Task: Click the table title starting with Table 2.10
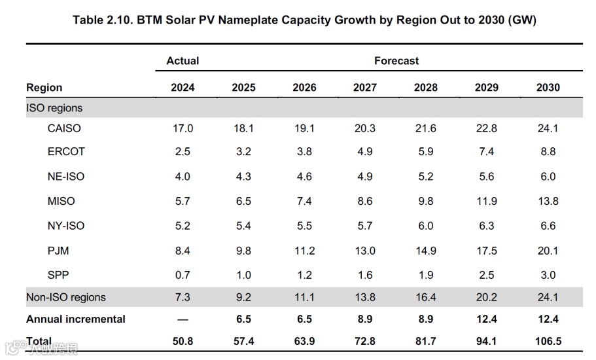(x=304, y=20)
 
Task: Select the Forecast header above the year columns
(x=396, y=61)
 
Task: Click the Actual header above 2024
(x=183, y=61)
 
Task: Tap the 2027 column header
(x=365, y=88)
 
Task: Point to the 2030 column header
(x=548, y=88)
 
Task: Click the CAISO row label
(x=64, y=128)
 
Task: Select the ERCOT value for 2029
(x=487, y=152)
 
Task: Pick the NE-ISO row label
(x=66, y=177)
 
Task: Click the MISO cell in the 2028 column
(x=426, y=202)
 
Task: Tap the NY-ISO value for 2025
(x=243, y=226)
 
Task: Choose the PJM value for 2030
(x=548, y=251)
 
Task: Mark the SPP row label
(x=59, y=276)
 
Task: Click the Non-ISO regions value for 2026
(x=304, y=298)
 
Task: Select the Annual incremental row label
(x=76, y=319)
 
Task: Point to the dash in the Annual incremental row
(x=183, y=319)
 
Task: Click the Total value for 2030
(x=548, y=342)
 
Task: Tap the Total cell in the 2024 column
(x=183, y=342)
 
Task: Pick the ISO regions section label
(x=54, y=107)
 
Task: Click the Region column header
(x=44, y=88)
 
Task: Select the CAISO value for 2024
(x=183, y=128)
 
